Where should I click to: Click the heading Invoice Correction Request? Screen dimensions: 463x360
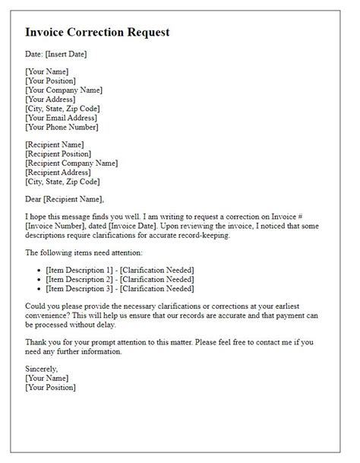[x=97, y=33]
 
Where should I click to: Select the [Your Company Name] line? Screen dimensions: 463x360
[x=64, y=90]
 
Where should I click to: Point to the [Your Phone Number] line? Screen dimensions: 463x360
[x=62, y=126]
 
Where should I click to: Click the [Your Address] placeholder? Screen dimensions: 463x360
[x=50, y=99]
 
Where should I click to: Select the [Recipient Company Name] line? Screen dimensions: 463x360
[x=71, y=163]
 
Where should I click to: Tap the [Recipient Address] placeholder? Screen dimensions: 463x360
[x=58, y=172]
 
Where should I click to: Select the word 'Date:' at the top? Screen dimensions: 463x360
[x=35, y=55]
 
